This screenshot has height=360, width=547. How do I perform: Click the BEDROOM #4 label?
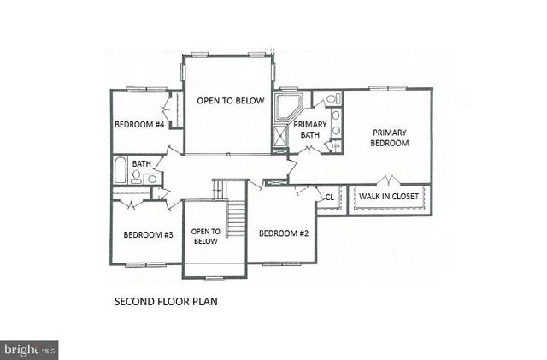click(x=139, y=124)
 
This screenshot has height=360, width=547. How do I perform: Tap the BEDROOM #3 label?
click(x=148, y=234)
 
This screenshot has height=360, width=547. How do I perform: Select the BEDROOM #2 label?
click(x=284, y=233)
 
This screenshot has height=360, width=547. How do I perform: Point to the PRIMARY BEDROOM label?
click(x=389, y=138)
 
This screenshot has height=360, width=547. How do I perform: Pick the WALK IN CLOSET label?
click(x=389, y=197)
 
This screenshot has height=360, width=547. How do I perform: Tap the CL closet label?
click(x=329, y=197)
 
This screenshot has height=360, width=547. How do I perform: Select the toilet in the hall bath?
click(x=136, y=177)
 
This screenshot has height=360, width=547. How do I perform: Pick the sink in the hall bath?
click(x=151, y=178)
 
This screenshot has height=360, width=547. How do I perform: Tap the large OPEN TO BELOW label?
click(x=227, y=101)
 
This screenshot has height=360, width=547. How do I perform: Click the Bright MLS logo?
click(x=30, y=349)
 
